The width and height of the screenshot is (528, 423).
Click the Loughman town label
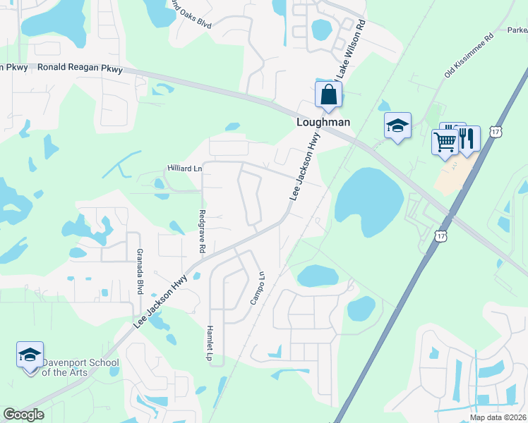click(x=323, y=121)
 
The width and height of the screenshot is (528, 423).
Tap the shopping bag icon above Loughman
click(x=328, y=94)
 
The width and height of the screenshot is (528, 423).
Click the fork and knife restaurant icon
click(x=467, y=137)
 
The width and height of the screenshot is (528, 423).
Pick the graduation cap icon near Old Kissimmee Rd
click(x=397, y=125)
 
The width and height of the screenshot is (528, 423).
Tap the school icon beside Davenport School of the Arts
click(x=30, y=355)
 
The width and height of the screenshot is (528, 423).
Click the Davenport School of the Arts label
click(x=79, y=367)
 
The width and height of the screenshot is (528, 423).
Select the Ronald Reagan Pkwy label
click(x=80, y=69)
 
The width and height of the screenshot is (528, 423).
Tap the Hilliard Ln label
click(x=184, y=168)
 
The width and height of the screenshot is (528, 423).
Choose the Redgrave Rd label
click(x=202, y=232)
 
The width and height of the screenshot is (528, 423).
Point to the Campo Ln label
click(x=258, y=288)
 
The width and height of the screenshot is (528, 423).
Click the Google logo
click(x=23, y=415)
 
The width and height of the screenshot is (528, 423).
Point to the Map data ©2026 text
click(x=498, y=417)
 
